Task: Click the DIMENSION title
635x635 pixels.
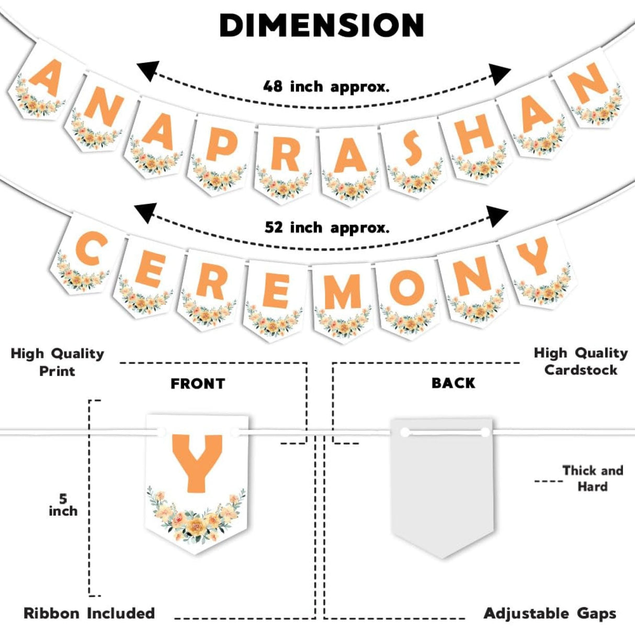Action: point(322,25)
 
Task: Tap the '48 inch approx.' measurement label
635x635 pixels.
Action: point(326,86)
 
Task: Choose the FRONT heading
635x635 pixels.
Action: point(198,383)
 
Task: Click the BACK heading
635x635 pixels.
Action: point(453,383)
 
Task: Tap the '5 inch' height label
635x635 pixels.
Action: point(63,505)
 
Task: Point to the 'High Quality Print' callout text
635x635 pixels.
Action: point(58,362)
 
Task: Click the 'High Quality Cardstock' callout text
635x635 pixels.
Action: point(581,361)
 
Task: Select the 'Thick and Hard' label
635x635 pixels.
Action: point(593,478)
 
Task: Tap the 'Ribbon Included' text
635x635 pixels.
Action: point(89,613)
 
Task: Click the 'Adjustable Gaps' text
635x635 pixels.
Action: point(550,613)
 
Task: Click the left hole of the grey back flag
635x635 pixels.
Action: point(405,433)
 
